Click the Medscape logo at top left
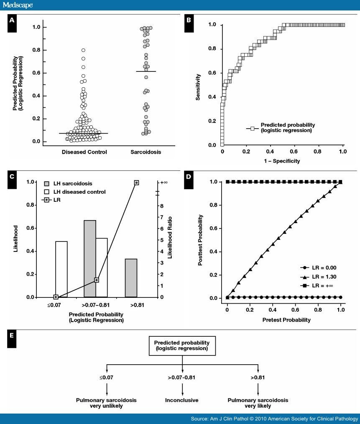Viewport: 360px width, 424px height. pyautogui.click(x=18, y=5)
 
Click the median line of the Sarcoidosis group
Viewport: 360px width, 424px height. pyautogui.click(x=143, y=71)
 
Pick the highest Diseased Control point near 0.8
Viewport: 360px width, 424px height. pyautogui.click(x=83, y=50)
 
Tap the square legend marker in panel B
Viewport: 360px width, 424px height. pyautogui.click(x=252, y=128)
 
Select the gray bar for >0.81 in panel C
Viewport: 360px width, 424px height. pyautogui.click(x=131, y=278)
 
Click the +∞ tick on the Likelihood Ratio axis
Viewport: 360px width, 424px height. pyautogui.click(x=165, y=183)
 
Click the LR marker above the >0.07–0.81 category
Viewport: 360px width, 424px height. pyautogui.click(x=97, y=280)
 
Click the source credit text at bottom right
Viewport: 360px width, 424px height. pyautogui.click(x=274, y=419)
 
